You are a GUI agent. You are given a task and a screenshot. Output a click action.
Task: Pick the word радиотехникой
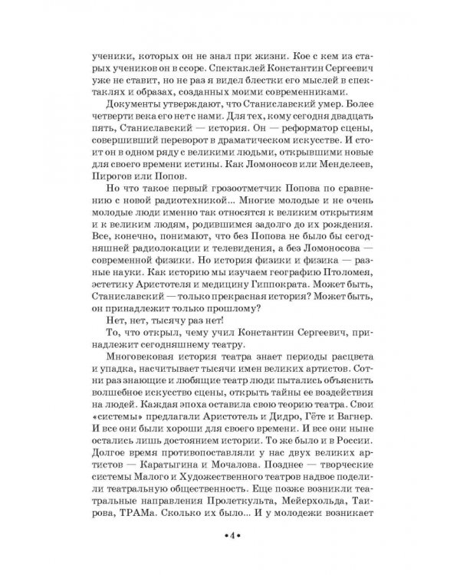pyautogui.click(x=176, y=221)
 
